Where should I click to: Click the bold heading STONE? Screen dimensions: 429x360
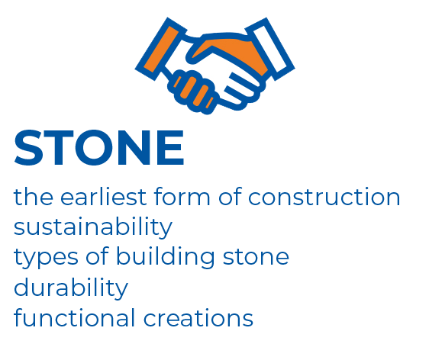point(98,148)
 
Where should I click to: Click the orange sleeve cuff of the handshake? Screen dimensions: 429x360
point(161,50)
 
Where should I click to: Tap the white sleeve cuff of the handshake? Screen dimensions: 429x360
point(270,50)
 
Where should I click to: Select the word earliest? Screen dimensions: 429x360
point(103,196)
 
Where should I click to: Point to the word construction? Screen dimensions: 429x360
point(324,197)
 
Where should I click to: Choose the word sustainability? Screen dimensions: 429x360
point(93,227)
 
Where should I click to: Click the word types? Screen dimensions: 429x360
point(47,258)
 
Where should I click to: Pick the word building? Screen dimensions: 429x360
point(165,256)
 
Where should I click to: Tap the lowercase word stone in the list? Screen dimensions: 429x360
point(256,257)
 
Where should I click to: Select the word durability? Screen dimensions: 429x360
point(71,288)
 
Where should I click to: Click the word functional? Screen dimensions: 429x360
point(74,317)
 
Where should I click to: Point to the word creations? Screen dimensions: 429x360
point(198,318)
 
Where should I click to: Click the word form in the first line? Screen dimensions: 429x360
point(182,196)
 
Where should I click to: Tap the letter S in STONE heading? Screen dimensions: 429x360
point(28,148)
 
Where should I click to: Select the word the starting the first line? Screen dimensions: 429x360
point(34,196)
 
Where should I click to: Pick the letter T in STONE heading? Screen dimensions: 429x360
point(59,148)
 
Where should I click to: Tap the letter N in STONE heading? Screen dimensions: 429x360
point(134,148)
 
